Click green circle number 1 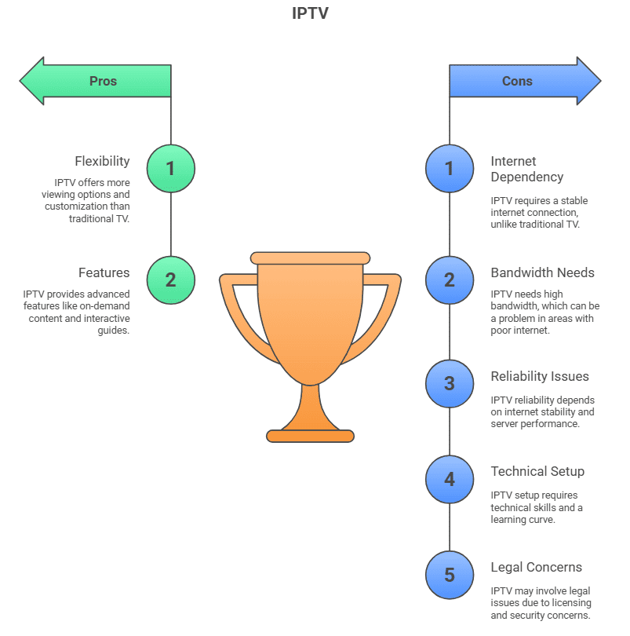[x=170, y=168]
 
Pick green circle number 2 [x=170, y=280]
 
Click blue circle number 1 [x=450, y=168]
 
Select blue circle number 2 [x=450, y=280]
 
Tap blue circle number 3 [x=450, y=383]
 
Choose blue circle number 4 [x=450, y=478]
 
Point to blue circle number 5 [x=450, y=574]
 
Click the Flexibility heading [x=102, y=162]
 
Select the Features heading [x=104, y=273]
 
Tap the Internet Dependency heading [x=527, y=169]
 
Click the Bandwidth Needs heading [x=543, y=273]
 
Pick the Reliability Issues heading [x=540, y=377]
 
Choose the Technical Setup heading [x=537, y=472]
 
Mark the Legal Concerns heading [x=537, y=568]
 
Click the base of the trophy [x=310, y=436]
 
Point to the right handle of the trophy [x=386, y=314]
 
